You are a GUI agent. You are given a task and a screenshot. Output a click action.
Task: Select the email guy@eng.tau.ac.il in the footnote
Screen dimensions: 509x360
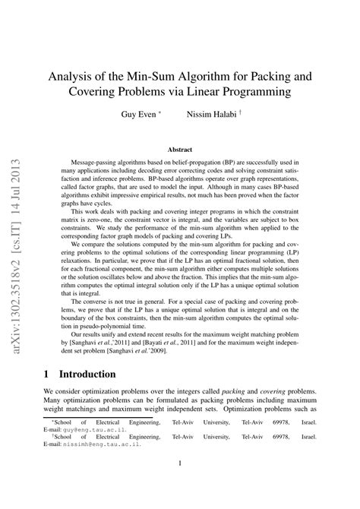click(89, 451)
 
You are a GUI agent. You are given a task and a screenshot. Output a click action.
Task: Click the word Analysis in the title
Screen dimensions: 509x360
click(71, 76)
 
